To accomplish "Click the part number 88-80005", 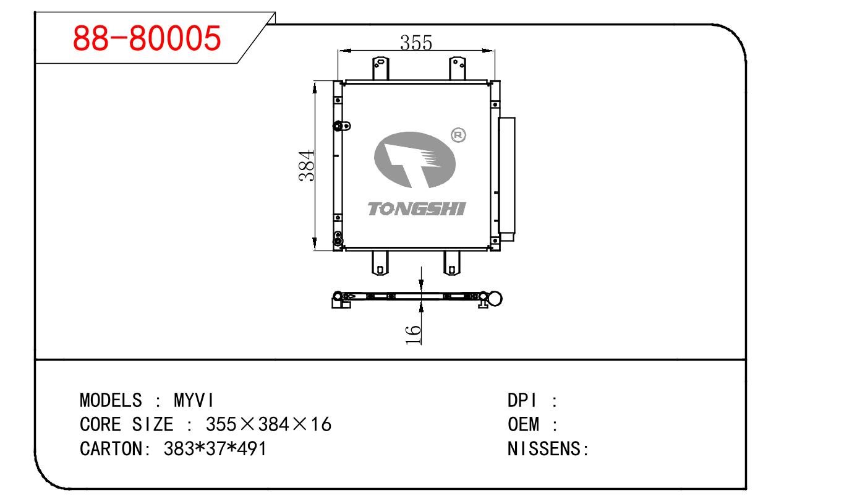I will (147, 38).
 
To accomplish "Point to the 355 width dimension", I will (415, 43).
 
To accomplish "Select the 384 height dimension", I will (307, 166).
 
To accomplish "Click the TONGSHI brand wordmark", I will (416, 209).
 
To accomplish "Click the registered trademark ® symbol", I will (459, 134).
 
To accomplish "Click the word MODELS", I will (111, 400).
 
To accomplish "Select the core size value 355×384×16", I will (268, 424).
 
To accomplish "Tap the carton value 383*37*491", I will (215, 448).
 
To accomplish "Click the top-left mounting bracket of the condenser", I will (380, 68).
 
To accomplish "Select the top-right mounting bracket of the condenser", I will (457, 68).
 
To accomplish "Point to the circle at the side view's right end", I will (495, 299).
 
